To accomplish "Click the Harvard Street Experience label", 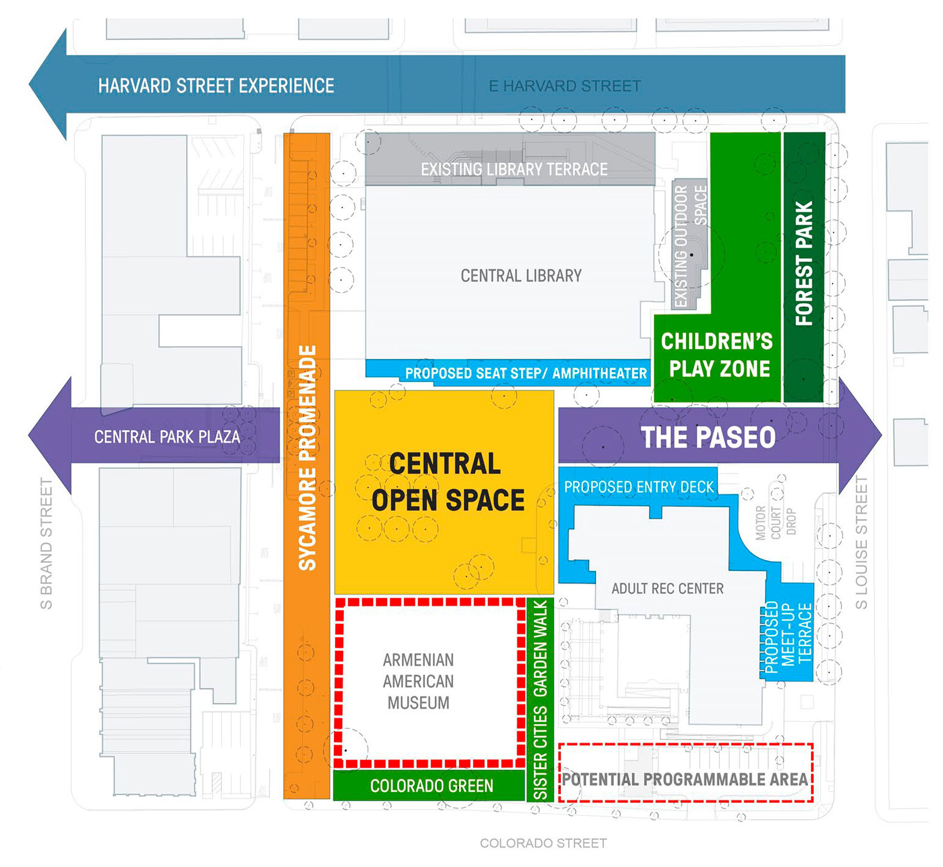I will coord(216,86).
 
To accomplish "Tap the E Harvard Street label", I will coord(564,86).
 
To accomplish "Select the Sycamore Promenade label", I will coord(308,457).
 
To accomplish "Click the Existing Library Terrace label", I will coord(514,170).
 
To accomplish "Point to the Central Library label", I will coord(521,276).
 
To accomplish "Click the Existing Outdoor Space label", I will coord(690,246).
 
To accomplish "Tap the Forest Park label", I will coord(804,263).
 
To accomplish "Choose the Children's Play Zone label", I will coord(717,355).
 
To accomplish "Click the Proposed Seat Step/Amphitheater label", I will coord(526,373).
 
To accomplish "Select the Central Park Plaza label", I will coord(167,437).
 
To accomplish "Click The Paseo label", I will coord(708,438).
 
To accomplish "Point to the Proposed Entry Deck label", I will coord(639,487).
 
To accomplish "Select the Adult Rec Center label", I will coord(667,588).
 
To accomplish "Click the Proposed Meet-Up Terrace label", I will coord(788,633).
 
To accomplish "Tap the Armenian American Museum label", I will coord(418,681).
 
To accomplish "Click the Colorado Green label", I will coord(431,786).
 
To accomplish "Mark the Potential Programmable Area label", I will coord(685,779).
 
